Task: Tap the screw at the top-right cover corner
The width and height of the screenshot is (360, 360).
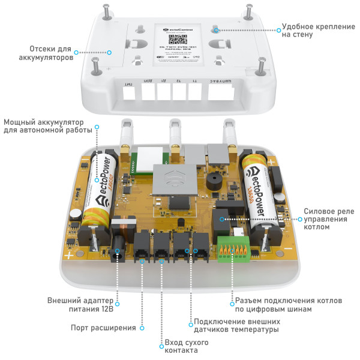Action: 247,9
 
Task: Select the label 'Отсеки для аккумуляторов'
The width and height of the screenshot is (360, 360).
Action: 52,53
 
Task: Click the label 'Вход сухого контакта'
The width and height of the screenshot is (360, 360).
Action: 182,346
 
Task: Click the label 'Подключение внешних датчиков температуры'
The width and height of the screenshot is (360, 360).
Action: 236,325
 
